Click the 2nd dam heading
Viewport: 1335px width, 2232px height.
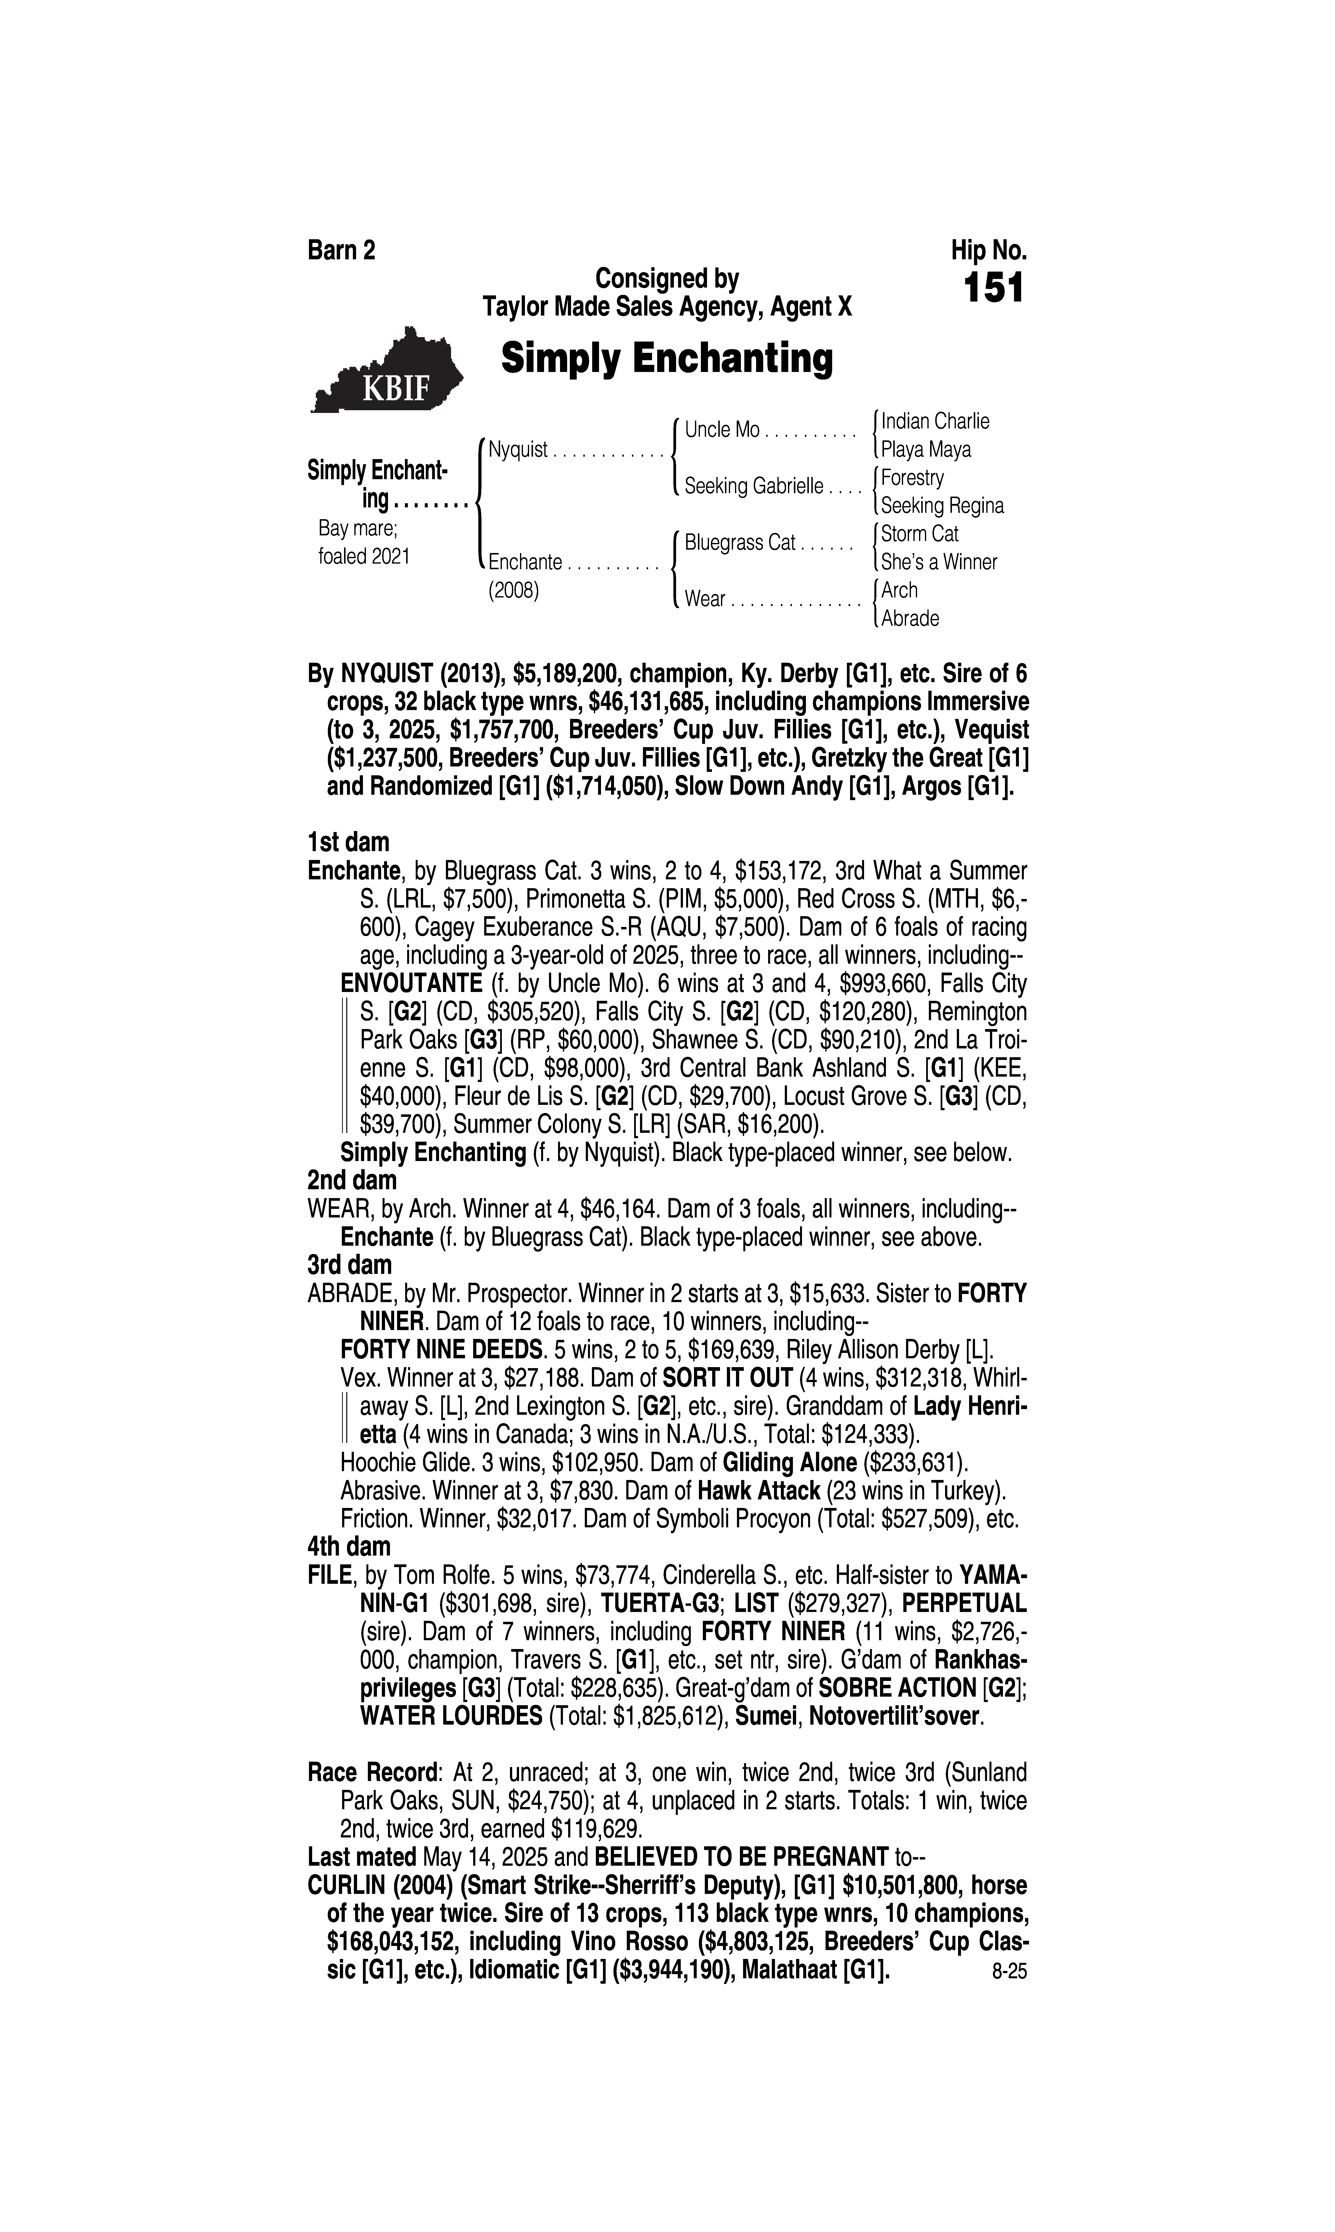coord(352,1180)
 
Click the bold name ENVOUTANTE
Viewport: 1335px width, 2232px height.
coord(412,984)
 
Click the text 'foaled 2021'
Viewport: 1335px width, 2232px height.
coord(364,557)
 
